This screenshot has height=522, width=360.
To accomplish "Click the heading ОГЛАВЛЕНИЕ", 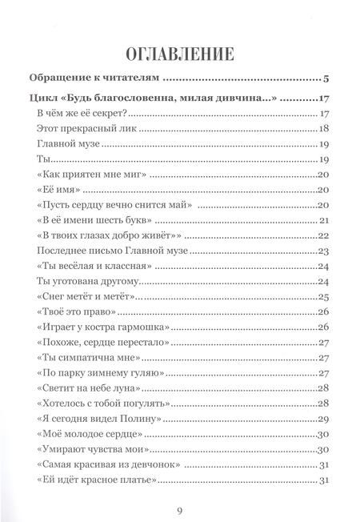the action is [179, 54].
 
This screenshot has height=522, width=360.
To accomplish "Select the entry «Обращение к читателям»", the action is [95, 80].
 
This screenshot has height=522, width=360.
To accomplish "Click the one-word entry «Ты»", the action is [43, 161].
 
